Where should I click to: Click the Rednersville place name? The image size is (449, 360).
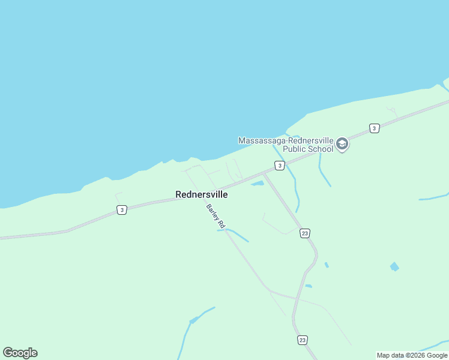pos(201,194)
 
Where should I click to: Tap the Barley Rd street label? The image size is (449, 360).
pos(215,215)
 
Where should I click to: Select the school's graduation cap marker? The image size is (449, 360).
pos(342,144)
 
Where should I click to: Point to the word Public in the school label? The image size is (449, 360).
pos(295,149)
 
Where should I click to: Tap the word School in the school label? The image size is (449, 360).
pos(321,149)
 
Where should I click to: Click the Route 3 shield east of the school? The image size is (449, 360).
pos(374,128)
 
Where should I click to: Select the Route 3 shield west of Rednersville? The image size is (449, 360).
pos(122,209)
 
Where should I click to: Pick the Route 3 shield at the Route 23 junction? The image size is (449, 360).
pos(280,165)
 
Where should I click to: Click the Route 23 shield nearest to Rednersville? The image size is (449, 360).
pos(305,233)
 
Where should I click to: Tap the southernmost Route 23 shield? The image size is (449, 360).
pos(302,340)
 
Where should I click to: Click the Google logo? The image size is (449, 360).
pos(20,353)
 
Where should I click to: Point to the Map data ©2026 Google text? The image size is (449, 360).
pos(412,355)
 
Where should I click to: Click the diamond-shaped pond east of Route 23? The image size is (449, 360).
pos(394,266)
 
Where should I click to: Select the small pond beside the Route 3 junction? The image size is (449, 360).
pos(258,183)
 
